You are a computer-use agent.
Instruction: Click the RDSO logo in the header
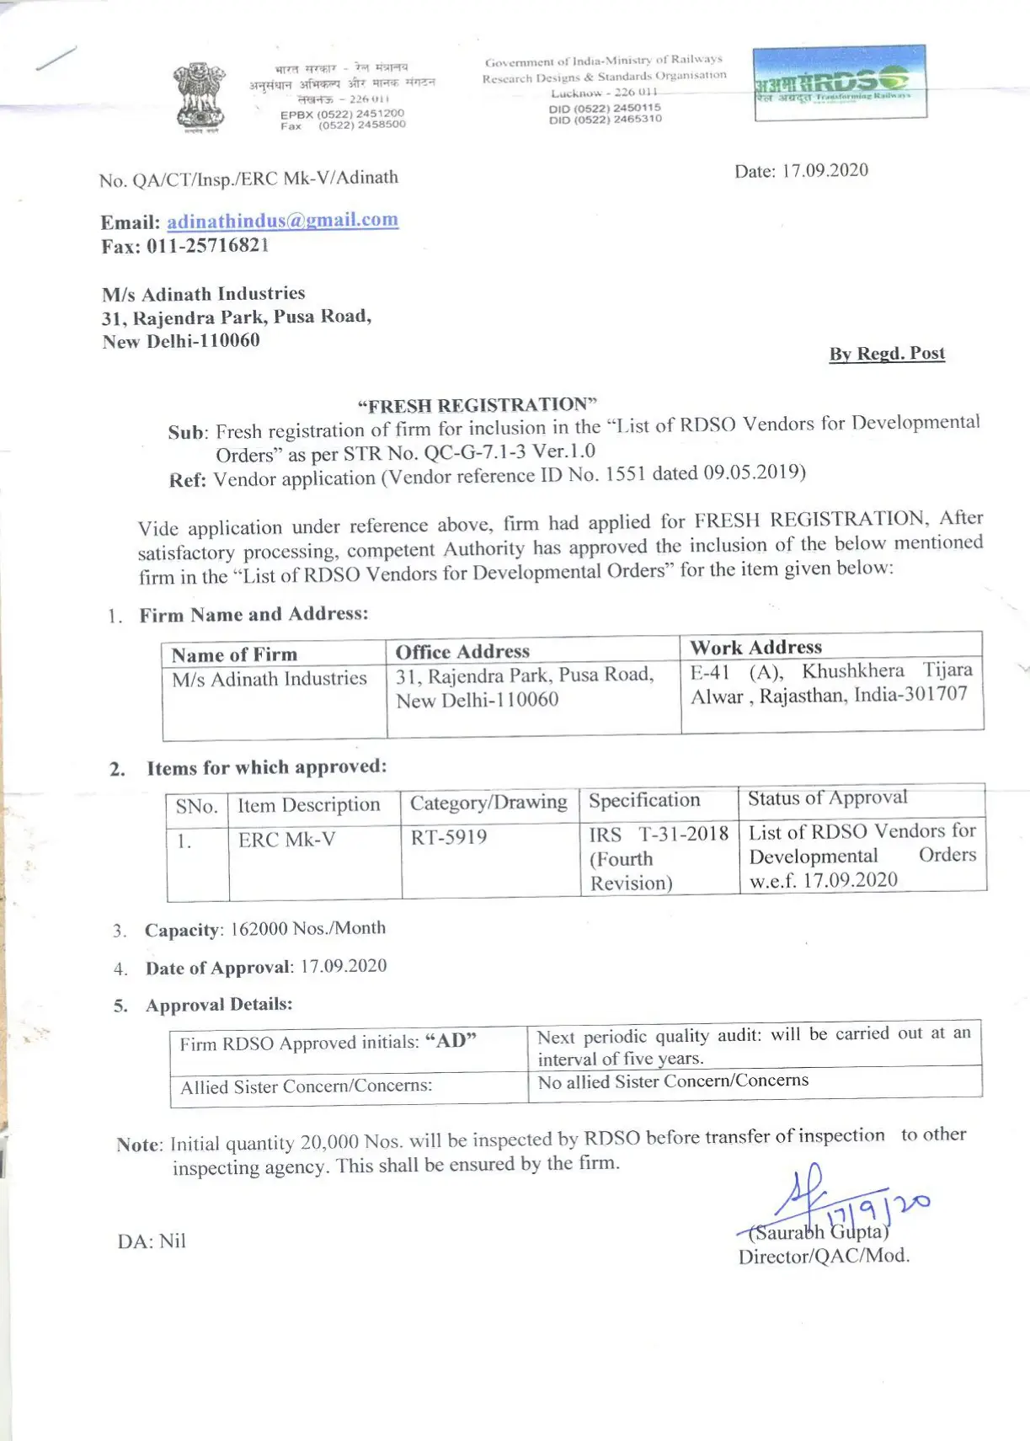(840, 82)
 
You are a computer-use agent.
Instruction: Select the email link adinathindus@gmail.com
(282, 221)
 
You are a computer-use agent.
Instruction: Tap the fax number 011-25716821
(207, 246)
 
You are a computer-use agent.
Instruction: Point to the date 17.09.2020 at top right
(825, 170)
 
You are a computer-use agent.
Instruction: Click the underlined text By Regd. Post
(887, 354)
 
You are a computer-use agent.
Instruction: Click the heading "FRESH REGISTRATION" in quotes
(477, 405)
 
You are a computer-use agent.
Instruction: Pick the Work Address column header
(755, 647)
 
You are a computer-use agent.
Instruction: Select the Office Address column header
(462, 651)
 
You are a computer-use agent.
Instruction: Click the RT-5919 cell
(449, 837)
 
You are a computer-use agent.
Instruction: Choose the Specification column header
(644, 800)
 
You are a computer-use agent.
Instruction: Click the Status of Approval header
(827, 798)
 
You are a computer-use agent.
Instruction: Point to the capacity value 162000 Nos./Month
(307, 928)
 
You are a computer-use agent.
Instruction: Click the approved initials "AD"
(451, 1041)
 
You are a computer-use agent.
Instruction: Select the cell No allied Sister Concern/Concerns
(673, 1081)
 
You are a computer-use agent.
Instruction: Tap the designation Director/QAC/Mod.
(824, 1256)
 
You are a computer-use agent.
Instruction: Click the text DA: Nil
(152, 1241)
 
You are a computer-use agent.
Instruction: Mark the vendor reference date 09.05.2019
(753, 472)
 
